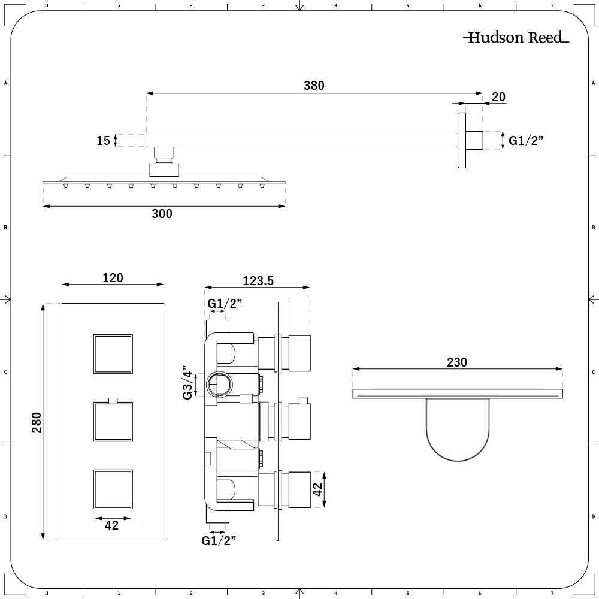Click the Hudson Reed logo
(x=516, y=37)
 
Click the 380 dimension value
(x=314, y=86)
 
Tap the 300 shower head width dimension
(x=162, y=214)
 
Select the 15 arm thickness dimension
(x=103, y=141)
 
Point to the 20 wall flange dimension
(x=498, y=97)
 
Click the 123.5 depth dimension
(x=258, y=281)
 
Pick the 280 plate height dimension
(x=37, y=422)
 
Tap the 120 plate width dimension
(x=113, y=278)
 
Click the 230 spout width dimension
(x=457, y=362)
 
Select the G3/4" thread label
(x=187, y=383)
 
